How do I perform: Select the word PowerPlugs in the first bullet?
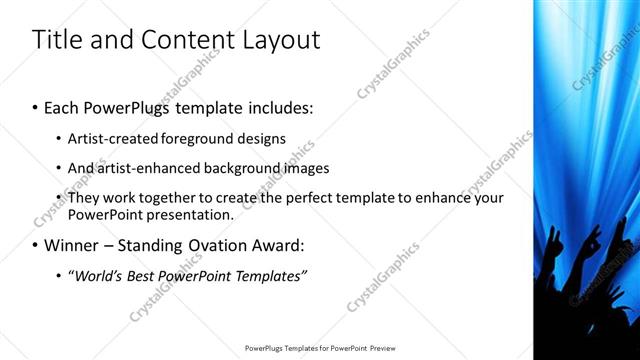coord(120,105)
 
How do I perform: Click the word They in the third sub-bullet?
coord(84,198)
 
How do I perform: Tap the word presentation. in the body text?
coord(189,214)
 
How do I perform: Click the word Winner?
coord(71,245)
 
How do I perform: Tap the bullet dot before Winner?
coord(36,245)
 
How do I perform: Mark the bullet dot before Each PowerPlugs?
coord(36,105)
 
